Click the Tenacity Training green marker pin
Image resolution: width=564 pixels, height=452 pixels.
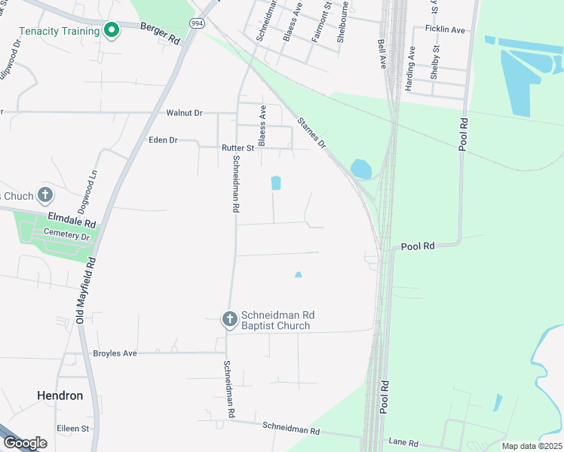click(112, 31)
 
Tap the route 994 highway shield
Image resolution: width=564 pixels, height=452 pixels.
click(196, 23)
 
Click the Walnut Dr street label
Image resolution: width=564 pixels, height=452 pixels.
click(184, 113)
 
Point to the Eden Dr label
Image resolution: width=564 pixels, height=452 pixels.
click(163, 140)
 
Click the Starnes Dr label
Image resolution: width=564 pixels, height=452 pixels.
click(311, 132)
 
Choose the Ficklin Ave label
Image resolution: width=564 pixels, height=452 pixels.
click(446, 29)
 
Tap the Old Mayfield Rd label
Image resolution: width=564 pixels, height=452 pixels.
click(85, 292)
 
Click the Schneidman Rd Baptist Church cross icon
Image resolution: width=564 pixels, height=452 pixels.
click(229, 319)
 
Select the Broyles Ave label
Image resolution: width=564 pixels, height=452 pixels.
click(115, 353)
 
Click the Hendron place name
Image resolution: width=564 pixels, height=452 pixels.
click(60, 395)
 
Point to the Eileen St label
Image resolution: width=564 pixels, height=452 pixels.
click(73, 428)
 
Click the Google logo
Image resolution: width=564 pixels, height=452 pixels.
click(25, 442)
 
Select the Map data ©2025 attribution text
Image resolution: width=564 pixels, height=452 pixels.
click(532, 446)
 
